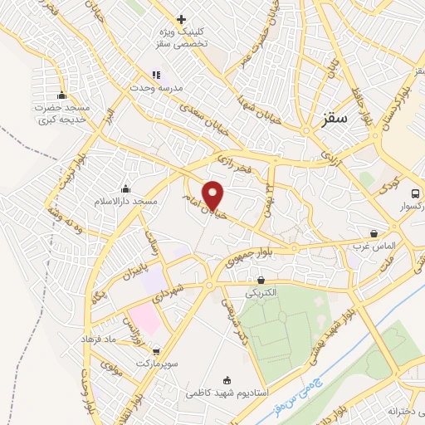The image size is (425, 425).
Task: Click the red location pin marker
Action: (x=214, y=195)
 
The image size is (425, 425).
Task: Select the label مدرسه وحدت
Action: (x=165, y=86)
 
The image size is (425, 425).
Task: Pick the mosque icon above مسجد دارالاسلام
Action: (x=125, y=188)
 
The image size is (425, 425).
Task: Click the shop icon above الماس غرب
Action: (x=374, y=234)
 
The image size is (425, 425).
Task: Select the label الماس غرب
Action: (x=380, y=247)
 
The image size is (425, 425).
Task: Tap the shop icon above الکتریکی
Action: (x=261, y=281)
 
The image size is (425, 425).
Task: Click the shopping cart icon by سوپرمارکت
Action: (x=156, y=351)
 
